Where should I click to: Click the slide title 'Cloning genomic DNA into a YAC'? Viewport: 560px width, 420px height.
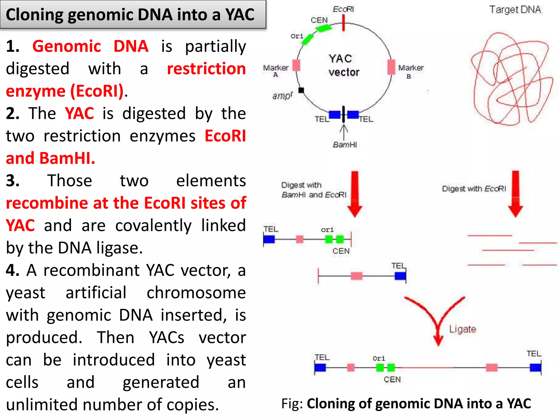coord(130,15)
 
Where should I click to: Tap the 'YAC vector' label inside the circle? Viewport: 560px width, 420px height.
coord(343,66)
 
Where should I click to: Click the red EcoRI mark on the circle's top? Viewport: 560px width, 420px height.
coord(343,23)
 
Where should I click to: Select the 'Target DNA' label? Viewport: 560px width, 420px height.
coord(515,10)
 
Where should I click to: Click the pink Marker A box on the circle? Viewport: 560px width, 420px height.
coord(296,65)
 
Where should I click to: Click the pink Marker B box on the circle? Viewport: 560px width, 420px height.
coord(391,67)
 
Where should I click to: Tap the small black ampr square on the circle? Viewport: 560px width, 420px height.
coord(301,90)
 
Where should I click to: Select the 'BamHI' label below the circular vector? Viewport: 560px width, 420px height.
coord(345,145)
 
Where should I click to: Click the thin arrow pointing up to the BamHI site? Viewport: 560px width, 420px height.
coord(344,131)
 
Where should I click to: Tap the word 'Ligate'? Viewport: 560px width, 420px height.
coord(462,329)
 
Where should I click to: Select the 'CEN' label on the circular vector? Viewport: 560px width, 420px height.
coord(319,20)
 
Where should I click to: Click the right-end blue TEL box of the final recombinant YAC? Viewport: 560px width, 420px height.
coord(535,367)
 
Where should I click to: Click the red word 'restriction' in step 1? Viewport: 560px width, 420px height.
coord(206,68)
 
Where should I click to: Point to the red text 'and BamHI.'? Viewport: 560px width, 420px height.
coord(51,158)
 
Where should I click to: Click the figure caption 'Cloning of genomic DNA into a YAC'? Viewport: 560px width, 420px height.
coord(419,404)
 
